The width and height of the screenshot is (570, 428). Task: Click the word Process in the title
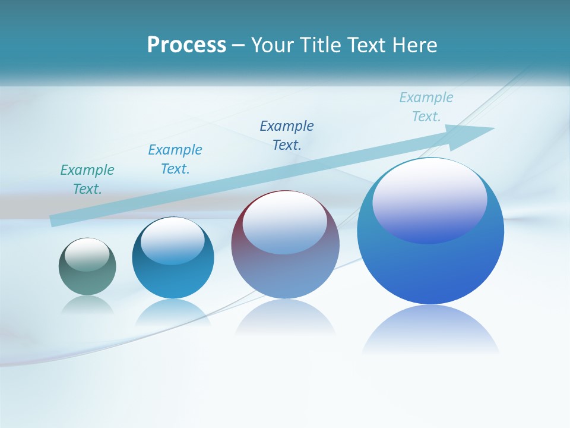coord(186,45)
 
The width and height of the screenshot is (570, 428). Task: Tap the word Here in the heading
coord(414,45)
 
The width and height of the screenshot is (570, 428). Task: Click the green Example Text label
coord(87,179)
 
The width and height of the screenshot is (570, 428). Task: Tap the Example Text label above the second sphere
coord(175,159)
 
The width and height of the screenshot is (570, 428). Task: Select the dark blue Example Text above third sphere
coord(287,135)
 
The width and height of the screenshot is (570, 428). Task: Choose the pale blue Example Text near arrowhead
coord(426,107)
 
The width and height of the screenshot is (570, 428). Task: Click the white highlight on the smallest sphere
coord(87,255)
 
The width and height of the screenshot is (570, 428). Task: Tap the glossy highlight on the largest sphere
coord(430,200)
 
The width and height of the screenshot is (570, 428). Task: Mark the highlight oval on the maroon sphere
coord(284,223)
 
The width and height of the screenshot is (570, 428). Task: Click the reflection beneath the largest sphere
coord(430,330)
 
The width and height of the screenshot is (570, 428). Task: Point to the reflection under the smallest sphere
coord(87,305)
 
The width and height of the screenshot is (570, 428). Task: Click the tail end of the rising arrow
coord(56,220)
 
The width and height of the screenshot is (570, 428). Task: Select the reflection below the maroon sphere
coord(285,318)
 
